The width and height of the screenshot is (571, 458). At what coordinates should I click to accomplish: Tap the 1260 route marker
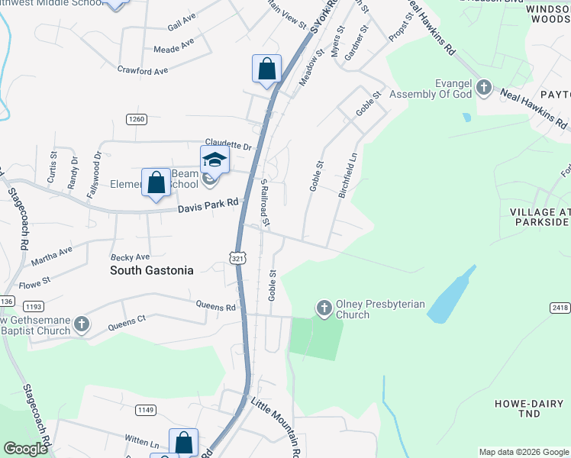coord(136,119)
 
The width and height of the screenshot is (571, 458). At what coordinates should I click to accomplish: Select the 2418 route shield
coord(559,307)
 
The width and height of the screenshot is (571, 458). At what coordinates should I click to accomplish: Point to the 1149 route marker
coord(146,410)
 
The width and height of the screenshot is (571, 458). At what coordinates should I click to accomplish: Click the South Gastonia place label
coord(152,270)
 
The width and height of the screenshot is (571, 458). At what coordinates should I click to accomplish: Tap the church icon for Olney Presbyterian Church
coord(324,308)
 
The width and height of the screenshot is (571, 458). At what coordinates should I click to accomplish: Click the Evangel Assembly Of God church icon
coord(483,89)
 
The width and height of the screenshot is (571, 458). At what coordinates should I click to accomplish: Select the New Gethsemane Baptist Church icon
coord(81,325)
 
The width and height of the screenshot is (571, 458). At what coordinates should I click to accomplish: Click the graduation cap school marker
coord(215,160)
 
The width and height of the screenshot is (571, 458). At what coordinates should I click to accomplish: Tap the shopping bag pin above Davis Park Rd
coord(156,183)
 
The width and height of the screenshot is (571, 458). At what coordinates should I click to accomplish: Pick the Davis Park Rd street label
coord(208,206)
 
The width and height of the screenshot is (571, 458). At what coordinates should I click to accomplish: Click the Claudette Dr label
coord(227,145)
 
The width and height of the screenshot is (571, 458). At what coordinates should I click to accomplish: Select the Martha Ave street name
coord(52,256)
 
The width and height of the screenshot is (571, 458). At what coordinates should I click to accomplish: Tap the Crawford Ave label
coord(142,71)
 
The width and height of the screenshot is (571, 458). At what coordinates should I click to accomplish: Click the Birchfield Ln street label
coord(348,173)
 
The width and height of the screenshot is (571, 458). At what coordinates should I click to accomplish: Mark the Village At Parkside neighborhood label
coord(540,218)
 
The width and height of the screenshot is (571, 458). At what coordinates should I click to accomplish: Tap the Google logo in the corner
coord(25,449)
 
